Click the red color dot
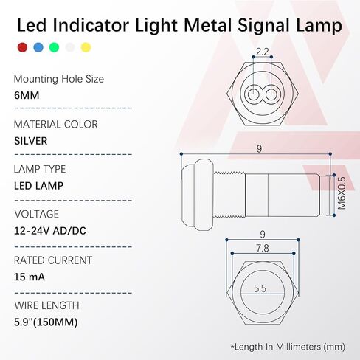coord(22,47)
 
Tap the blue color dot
coord(38,47)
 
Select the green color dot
coord(54,47)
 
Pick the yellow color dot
coord(86,47)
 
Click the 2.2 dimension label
coord(262,52)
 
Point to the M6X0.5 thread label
coord(342,193)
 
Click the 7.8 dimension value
coord(263,249)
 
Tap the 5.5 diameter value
coord(260,288)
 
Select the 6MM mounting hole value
coord(27,95)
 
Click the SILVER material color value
coord(31,141)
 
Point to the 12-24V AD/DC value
coord(50,231)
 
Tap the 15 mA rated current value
coord(30,277)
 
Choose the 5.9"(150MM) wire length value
coord(46,322)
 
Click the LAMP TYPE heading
coord(40,170)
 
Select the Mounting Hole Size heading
coord(59,79)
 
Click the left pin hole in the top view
coord(253,94)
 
